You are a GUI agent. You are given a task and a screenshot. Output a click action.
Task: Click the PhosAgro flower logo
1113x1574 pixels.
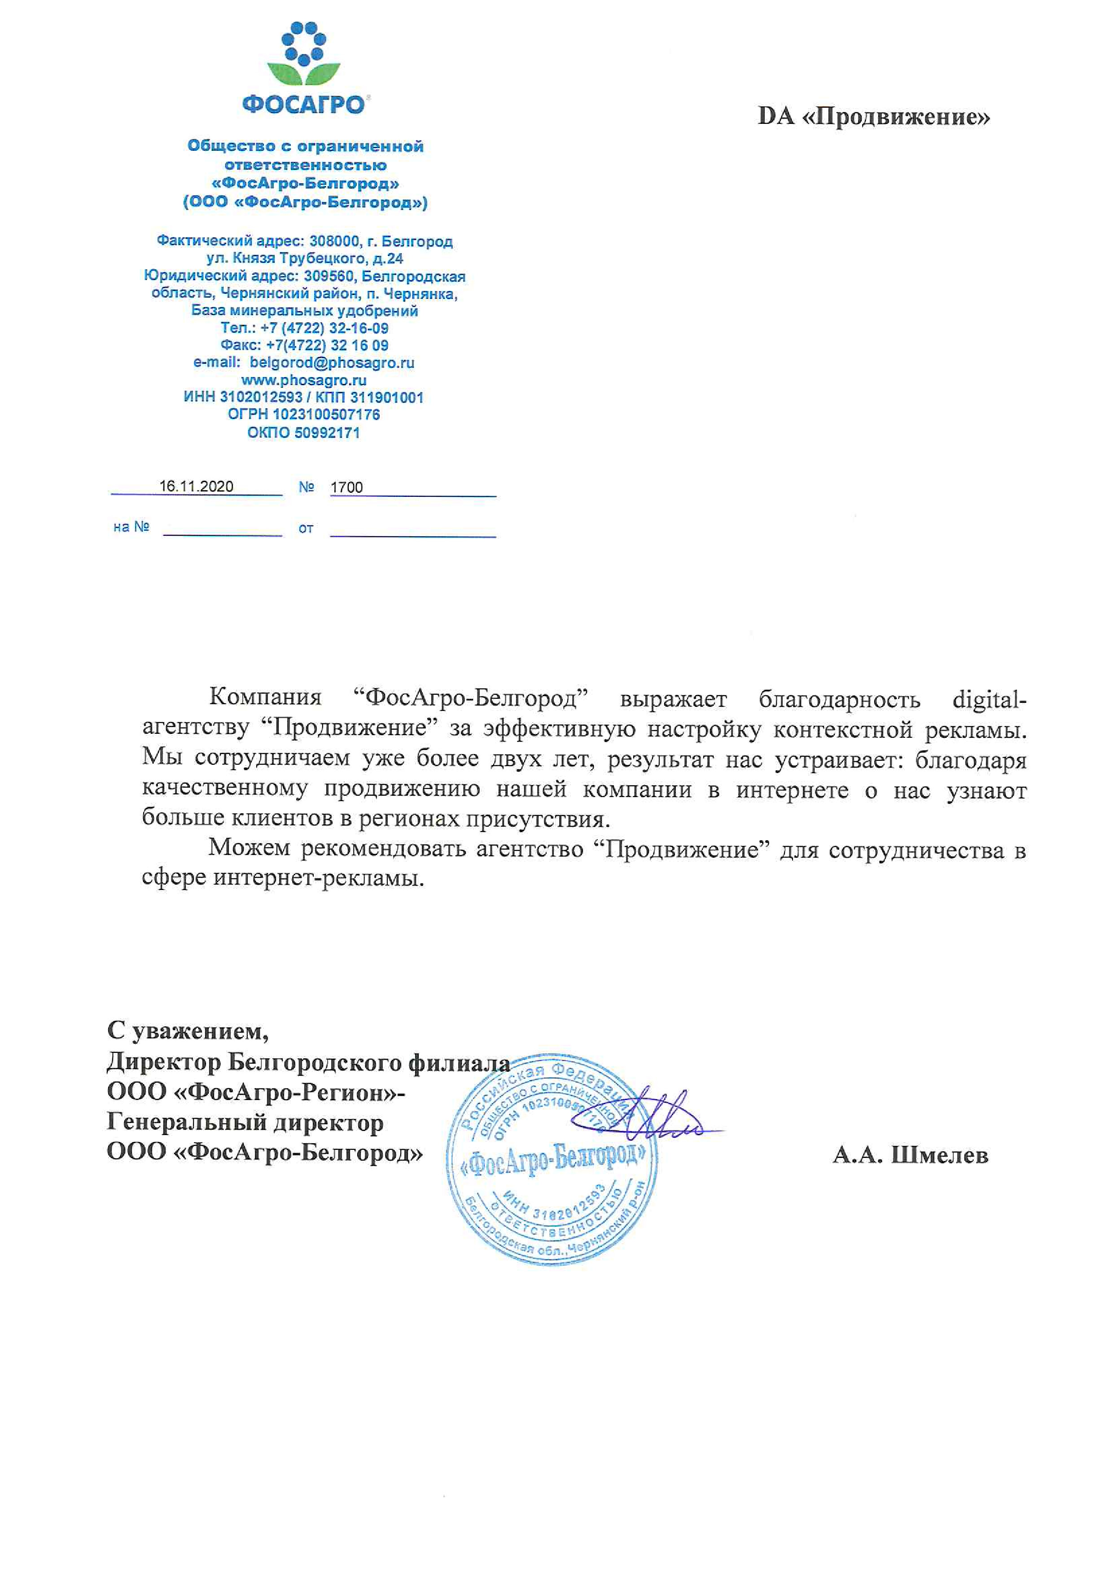(x=304, y=55)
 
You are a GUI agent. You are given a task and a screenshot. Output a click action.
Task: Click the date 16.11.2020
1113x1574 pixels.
(x=196, y=487)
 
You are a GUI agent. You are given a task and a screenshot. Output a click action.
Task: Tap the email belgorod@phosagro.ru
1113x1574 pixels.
(x=332, y=363)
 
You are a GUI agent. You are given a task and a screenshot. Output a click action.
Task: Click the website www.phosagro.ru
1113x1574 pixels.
(x=304, y=380)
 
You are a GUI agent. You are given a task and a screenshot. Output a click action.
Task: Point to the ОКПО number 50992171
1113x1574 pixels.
(x=327, y=433)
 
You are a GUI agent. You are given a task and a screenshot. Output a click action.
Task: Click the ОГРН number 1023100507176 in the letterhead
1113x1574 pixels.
(x=326, y=415)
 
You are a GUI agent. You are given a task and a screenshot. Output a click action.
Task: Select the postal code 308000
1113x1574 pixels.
(x=334, y=241)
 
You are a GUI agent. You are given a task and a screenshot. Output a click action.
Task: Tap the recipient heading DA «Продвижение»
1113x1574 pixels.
(x=874, y=117)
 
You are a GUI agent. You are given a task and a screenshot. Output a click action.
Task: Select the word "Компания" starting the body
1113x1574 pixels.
(x=265, y=697)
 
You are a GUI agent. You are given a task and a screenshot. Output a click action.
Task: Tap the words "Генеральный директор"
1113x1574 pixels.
(x=245, y=1122)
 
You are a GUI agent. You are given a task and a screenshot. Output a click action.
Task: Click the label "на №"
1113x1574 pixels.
(x=131, y=526)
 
